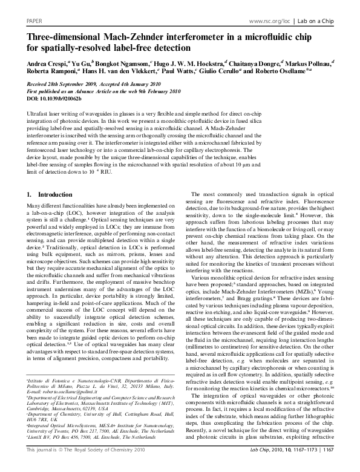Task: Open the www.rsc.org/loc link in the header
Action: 269,21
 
